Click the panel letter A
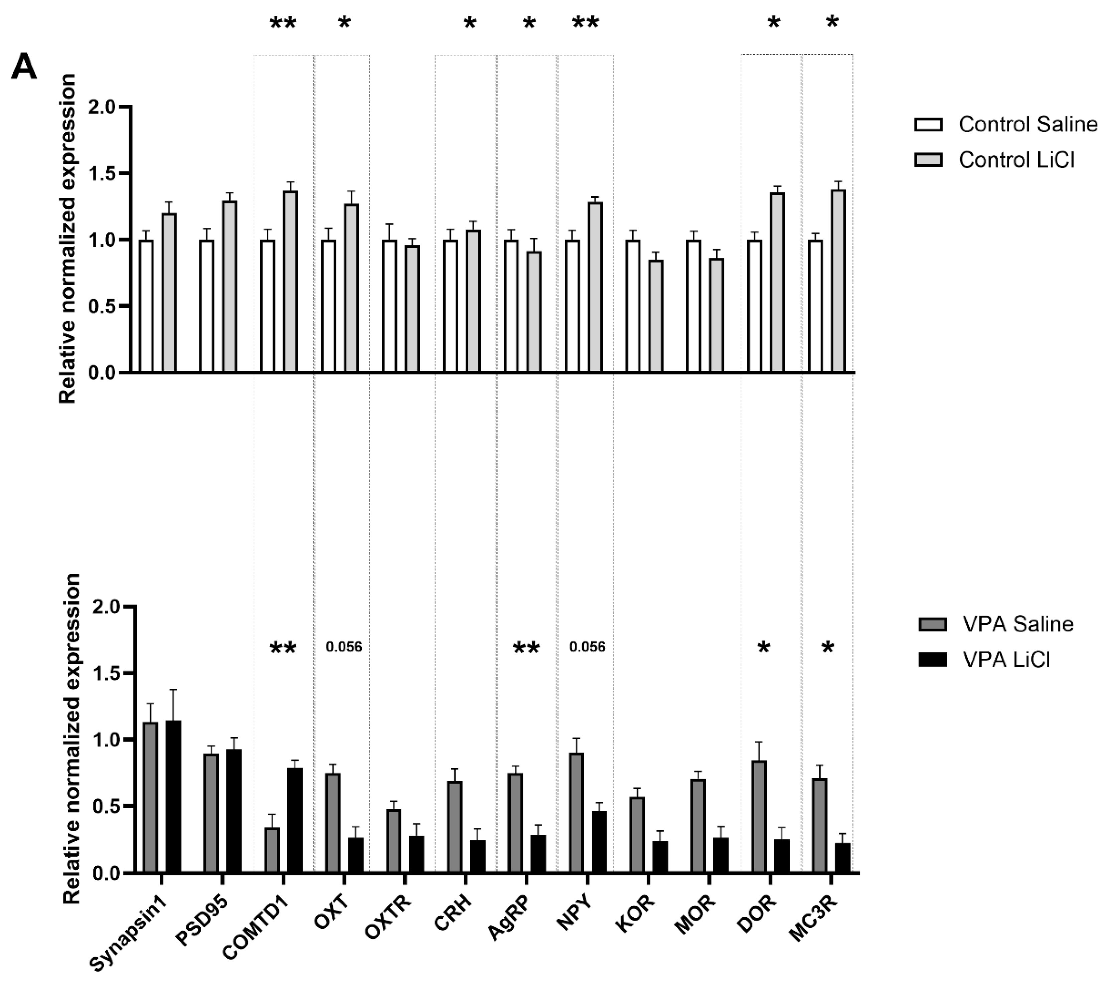coord(24,68)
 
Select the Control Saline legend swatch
coord(928,125)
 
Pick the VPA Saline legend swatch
coord(933,624)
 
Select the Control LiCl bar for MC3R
coord(838,281)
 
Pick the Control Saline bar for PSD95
coord(206,306)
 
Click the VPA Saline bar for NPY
coord(577,813)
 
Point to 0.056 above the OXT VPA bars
coord(343,647)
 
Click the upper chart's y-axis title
coord(68,239)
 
